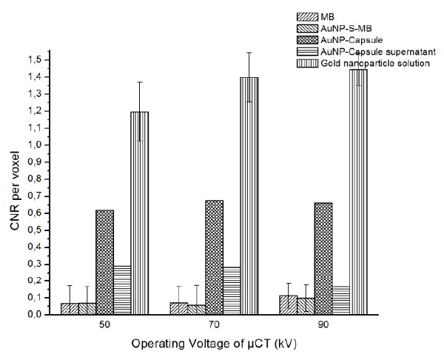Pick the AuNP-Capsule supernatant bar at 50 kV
(122, 289)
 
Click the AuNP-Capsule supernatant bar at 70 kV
(232, 290)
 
